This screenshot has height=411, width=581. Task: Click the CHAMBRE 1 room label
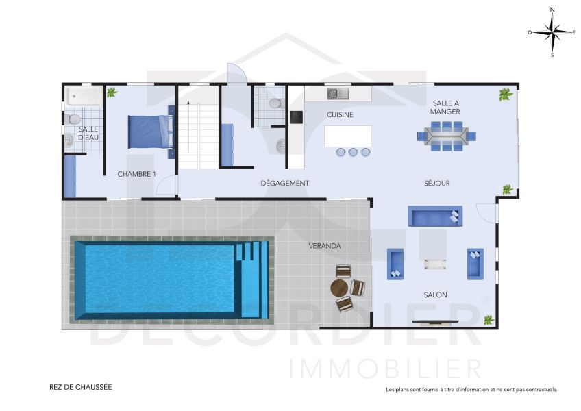(136, 174)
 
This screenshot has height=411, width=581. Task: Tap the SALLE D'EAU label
(88, 133)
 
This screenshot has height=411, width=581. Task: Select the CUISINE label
(340, 115)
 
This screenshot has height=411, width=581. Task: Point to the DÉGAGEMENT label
(284, 183)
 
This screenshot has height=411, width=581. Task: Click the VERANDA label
(325, 246)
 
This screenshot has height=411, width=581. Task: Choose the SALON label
(435, 295)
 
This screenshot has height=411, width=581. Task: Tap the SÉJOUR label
(437, 183)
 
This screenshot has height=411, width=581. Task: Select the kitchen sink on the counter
(338, 93)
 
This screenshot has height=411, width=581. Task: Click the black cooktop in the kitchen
(296, 117)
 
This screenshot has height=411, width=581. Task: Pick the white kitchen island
(348, 136)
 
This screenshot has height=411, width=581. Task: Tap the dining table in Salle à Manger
(446, 136)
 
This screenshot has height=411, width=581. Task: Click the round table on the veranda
(339, 288)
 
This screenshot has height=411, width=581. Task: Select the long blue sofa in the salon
(435, 216)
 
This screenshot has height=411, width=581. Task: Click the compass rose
(552, 32)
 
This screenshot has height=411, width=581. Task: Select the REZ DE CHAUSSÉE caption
(81, 387)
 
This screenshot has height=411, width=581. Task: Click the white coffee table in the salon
(435, 264)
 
